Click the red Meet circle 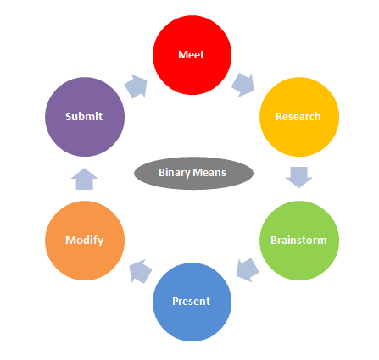pyautogui.click(x=192, y=55)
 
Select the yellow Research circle pyautogui.click(x=299, y=117)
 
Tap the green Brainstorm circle pyautogui.click(x=299, y=241)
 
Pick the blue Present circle pyautogui.click(x=192, y=302)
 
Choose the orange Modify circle pyautogui.click(x=85, y=241)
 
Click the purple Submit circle pyautogui.click(x=85, y=117)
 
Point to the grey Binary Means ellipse pyautogui.click(x=193, y=173)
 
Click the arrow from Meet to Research pyautogui.click(x=243, y=85)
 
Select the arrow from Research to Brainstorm pyautogui.click(x=299, y=177)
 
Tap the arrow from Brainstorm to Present pyautogui.click(x=248, y=270)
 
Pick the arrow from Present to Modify pyautogui.click(x=141, y=271)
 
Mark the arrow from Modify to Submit pyautogui.click(x=84, y=179)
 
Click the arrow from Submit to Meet pyautogui.click(x=137, y=86)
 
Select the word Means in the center pyautogui.click(x=209, y=173)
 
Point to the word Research pyautogui.click(x=298, y=117)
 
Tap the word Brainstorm pyautogui.click(x=298, y=241)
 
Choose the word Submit pyautogui.click(x=84, y=116)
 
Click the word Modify pyautogui.click(x=85, y=241)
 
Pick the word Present pyautogui.click(x=192, y=302)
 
